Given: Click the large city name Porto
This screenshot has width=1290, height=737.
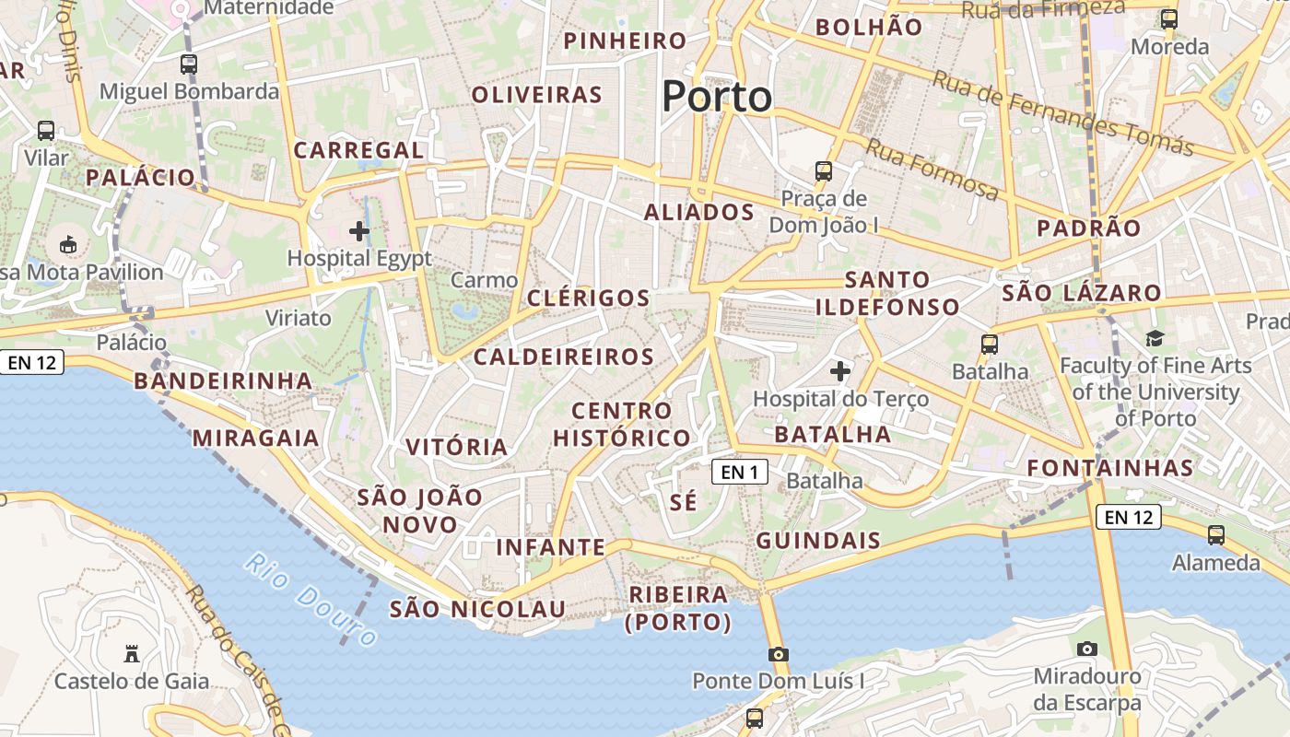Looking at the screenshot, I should (x=717, y=97).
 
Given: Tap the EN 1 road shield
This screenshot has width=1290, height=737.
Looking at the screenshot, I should (x=739, y=473).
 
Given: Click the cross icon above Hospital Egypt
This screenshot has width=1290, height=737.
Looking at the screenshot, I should (x=359, y=231).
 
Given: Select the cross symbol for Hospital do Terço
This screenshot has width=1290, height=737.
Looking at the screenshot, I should (x=840, y=371).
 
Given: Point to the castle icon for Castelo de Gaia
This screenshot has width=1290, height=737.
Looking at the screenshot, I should (x=132, y=654).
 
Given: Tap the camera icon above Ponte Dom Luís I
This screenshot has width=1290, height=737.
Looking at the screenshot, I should (x=779, y=654).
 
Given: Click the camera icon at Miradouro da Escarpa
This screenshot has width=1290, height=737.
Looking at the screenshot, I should (x=1087, y=649).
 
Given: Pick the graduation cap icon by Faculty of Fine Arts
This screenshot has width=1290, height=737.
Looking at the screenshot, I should (x=1155, y=338).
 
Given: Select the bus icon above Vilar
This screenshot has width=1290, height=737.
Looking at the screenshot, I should (x=46, y=131).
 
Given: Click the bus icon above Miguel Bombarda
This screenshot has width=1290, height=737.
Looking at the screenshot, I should (x=189, y=64).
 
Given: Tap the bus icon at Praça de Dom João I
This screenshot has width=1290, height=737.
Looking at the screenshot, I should (x=824, y=170).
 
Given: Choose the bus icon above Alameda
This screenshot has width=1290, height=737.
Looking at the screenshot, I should (x=1216, y=534).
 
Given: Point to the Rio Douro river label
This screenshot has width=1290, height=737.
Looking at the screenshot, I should (x=311, y=599).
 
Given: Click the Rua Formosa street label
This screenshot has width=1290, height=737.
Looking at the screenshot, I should (x=932, y=169).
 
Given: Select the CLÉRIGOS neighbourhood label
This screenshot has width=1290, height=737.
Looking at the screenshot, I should (x=589, y=298).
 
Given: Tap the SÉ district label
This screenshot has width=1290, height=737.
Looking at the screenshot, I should (x=684, y=502).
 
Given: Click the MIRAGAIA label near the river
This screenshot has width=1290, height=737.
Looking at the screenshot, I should (x=256, y=438).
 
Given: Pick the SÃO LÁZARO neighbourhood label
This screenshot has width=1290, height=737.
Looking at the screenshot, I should (x=1082, y=294).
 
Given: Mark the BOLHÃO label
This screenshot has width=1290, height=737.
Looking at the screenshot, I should (x=869, y=27).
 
